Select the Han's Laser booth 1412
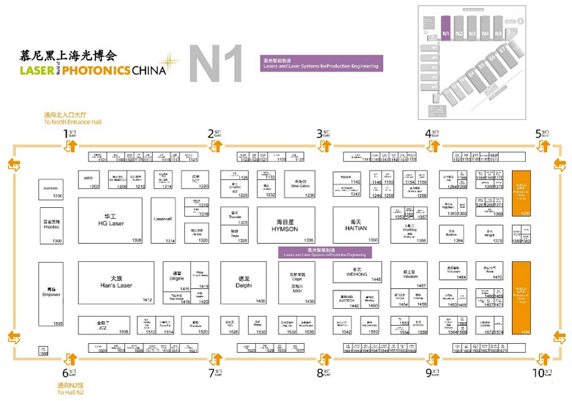click(116, 282)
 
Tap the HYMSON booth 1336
click(285, 225)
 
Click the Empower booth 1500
click(50, 293)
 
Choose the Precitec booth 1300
click(50, 225)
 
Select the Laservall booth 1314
click(163, 220)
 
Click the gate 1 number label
click(66, 133)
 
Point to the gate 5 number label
click(538, 133)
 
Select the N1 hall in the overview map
click(446, 34)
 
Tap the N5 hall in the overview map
click(499, 34)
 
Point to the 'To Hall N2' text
click(70, 392)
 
